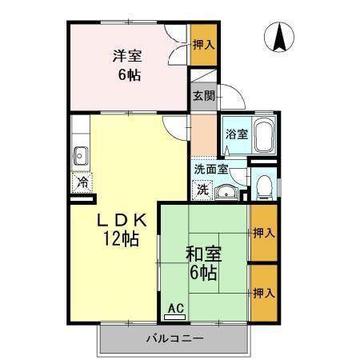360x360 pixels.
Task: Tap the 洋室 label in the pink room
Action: pyautogui.click(x=127, y=56)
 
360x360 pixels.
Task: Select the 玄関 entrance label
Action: pyautogui.click(x=203, y=95)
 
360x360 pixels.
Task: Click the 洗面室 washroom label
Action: pyautogui.click(x=211, y=169)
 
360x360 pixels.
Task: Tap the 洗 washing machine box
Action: pyautogui.click(x=202, y=190)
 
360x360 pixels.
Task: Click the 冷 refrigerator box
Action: pyautogui.click(x=82, y=182)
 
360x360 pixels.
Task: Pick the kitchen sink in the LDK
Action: pyautogui.click(x=80, y=154)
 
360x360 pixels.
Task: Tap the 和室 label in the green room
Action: pyautogui.click(x=204, y=255)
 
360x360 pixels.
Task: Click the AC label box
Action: pyautogui.click(x=175, y=308)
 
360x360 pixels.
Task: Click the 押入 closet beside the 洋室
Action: pyautogui.click(x=203, y=44)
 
